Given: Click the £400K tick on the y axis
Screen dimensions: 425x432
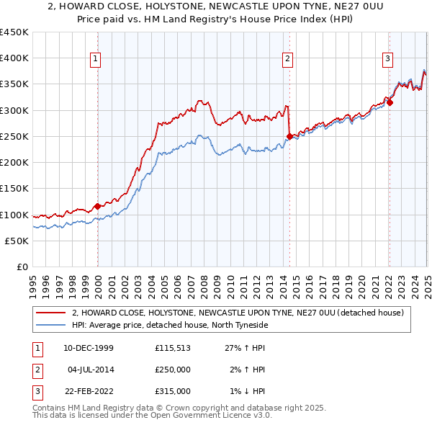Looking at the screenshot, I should click(x=14, y=58).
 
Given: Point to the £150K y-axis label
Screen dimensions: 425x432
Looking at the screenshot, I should click(x=14, y=189).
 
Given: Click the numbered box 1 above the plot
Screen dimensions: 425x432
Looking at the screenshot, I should click(x=96, y=59).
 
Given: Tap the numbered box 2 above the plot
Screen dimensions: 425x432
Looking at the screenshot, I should click(x=288, y=59).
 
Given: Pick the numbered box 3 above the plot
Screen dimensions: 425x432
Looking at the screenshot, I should click(x=387, y=59).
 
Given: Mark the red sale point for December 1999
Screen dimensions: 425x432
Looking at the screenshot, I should click(x=98, y=207).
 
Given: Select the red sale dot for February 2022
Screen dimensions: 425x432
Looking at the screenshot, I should click(x=390, y=102).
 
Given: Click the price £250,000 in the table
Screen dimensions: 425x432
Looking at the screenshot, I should click(x=173, y=370).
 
